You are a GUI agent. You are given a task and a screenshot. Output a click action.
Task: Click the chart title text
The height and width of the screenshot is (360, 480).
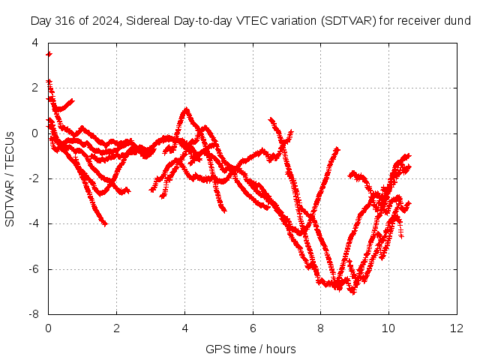pos(250,21)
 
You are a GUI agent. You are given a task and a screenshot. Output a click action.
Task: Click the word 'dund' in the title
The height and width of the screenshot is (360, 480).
pos(458,21)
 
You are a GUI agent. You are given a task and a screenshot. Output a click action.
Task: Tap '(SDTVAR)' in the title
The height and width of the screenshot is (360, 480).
pos(348,21)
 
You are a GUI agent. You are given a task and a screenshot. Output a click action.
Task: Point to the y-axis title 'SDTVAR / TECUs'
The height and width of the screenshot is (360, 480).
pos(10,179)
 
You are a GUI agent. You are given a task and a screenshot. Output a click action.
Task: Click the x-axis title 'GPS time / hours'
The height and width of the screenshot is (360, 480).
pos(250,349)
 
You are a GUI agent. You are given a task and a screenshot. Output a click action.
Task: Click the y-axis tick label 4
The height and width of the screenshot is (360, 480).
pos(35,43)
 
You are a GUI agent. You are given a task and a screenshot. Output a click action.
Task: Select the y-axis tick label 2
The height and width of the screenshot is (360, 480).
pos(35,88)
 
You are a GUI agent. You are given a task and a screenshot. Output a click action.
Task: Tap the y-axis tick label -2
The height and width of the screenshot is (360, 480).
pos(34,178)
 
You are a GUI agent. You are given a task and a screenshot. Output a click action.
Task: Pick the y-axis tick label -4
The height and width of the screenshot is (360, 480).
pos(34,223)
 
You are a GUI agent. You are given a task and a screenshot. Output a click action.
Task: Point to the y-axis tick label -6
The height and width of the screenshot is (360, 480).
pos(34,269)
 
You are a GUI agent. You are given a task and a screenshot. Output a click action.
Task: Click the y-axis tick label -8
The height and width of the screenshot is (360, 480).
pos(34,314)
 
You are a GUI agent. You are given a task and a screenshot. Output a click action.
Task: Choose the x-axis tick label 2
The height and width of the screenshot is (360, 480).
pos(117,328)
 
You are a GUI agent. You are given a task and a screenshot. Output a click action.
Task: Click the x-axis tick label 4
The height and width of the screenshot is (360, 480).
pos(184,328)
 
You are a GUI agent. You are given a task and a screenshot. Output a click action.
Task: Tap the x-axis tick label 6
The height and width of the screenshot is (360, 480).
pos(253,328)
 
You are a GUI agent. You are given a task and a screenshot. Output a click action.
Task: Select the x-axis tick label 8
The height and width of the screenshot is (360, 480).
pos(320,328)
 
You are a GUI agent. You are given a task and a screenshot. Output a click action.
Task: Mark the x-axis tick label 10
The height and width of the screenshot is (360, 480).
pos(388,328)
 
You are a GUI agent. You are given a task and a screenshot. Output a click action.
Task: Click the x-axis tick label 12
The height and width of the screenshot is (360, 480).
pos(457,328)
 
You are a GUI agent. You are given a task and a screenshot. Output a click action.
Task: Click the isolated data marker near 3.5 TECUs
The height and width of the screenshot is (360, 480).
pos(49,54)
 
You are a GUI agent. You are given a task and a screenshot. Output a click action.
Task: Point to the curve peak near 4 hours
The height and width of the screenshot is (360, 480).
pos(186,109)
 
